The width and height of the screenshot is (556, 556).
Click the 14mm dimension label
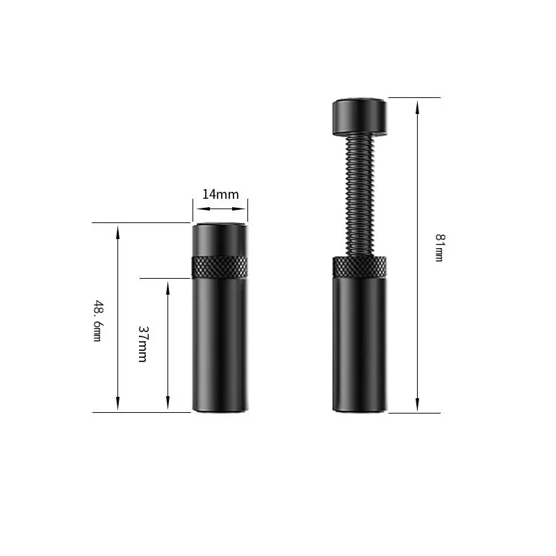click(220, 194)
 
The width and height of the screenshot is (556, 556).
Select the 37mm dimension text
click(142, 343)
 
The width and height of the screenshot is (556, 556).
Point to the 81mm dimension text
click(439, 247)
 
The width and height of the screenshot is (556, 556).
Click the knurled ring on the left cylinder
click(220, 267)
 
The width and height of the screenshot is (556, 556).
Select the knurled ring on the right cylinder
click(359, 267)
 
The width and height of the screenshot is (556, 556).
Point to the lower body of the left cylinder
click(220, 347)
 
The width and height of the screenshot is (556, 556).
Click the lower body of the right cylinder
click(359, 347)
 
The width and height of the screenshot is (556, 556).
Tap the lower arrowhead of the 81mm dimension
click(417, 404)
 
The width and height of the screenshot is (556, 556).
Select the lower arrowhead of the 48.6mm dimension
click(118, 404)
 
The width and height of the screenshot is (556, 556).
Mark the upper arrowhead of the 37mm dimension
click(167, 286)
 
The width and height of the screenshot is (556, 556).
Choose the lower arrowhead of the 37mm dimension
click(167, 404)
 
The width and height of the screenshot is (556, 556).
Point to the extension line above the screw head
click(414, 97)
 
